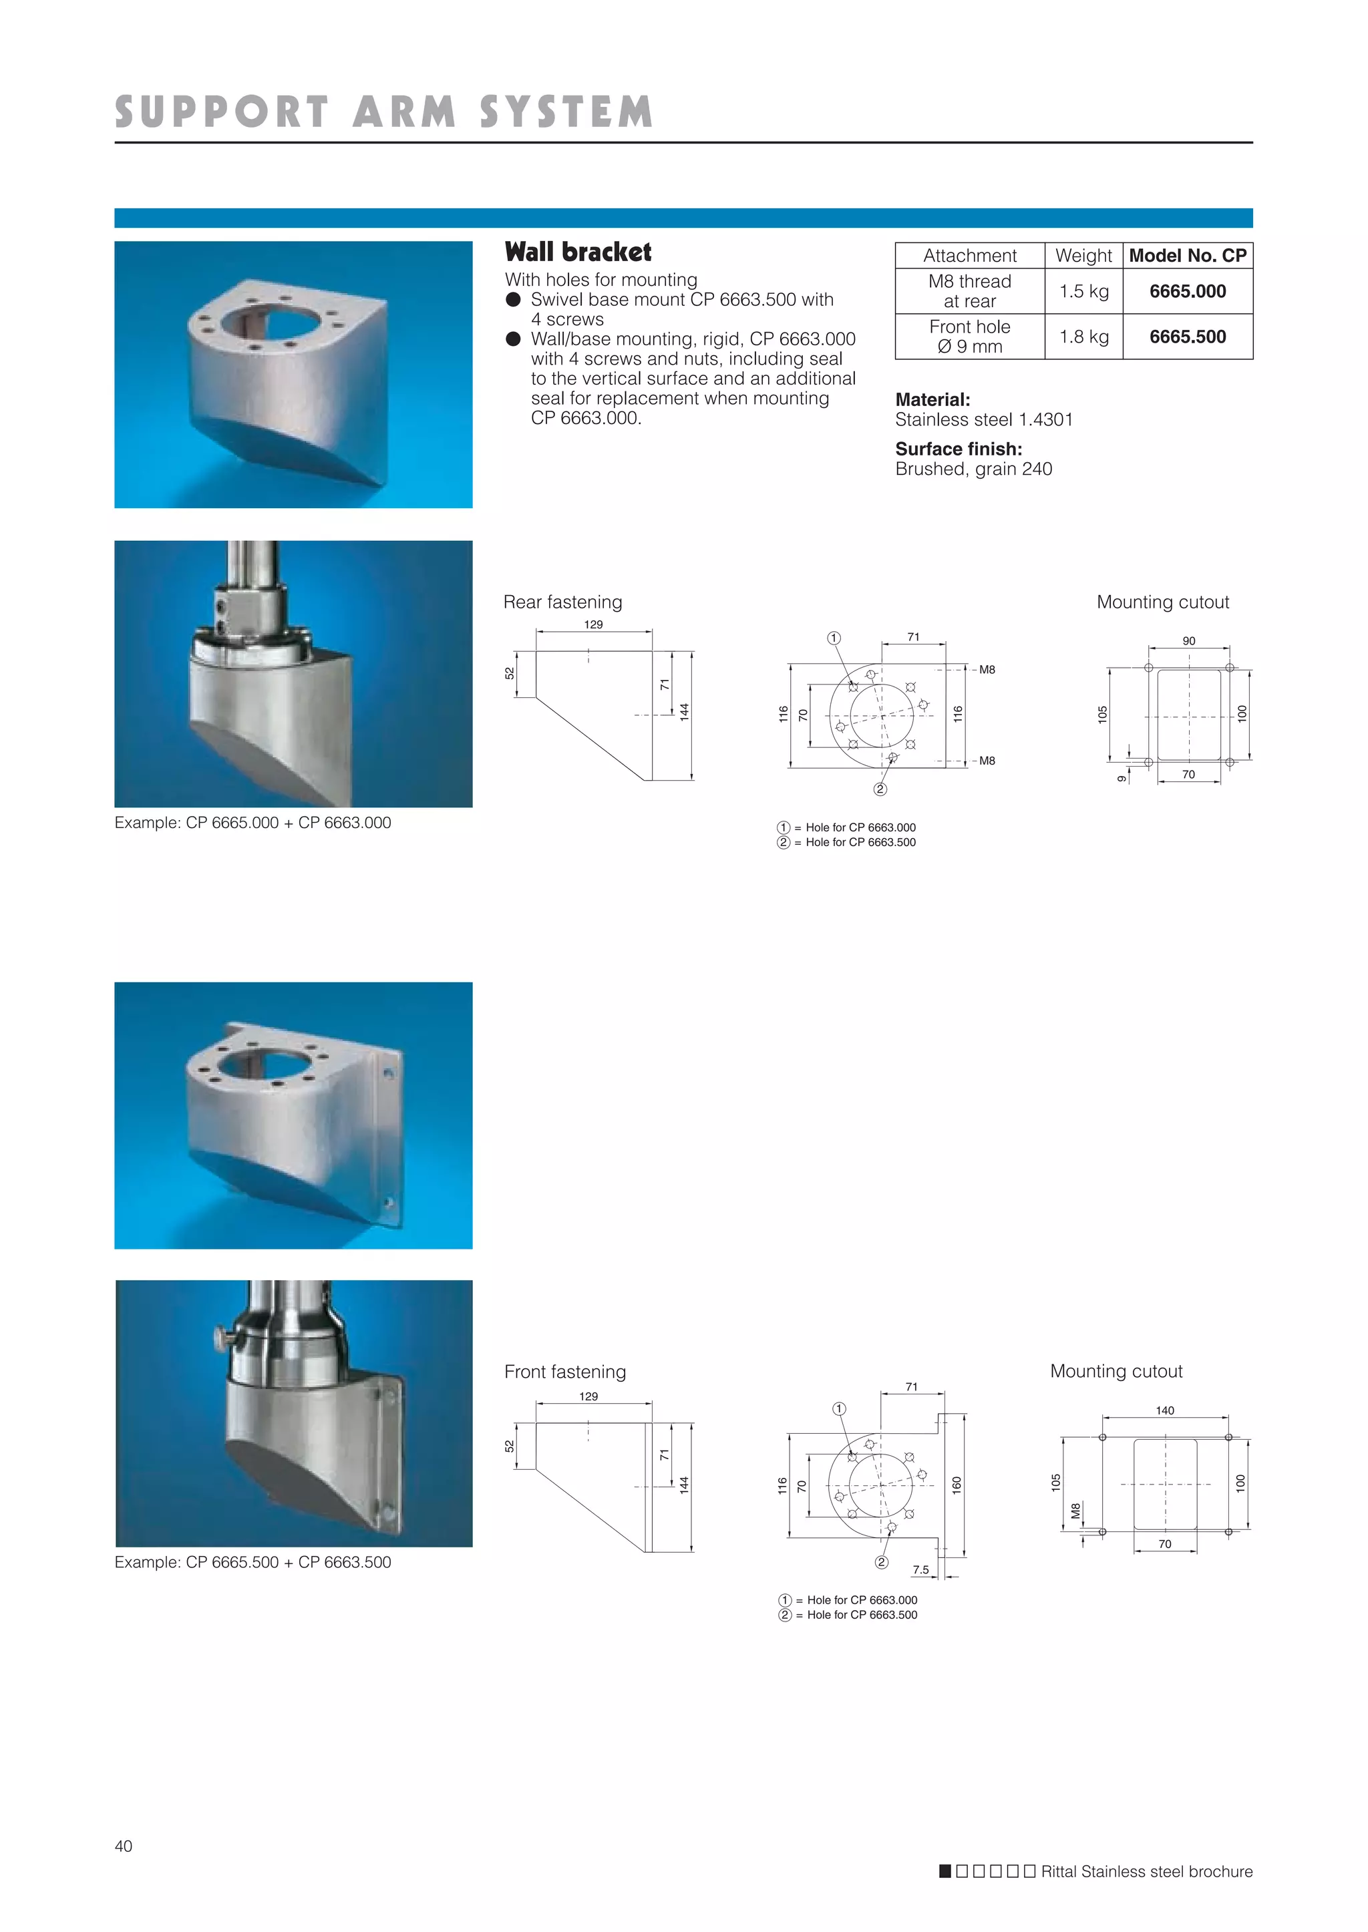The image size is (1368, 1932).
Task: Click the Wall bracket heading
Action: tap(578, 252)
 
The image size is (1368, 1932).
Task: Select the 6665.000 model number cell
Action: tap(1187, 291)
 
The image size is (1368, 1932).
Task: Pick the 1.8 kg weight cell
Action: tap(1083, 337)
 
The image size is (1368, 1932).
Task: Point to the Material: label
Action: tap(932, 400)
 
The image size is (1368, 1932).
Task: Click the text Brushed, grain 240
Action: tap(973, 469)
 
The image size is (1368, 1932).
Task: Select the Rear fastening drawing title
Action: tap(562, 602)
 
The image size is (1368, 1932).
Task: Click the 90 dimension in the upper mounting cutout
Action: tap(1188, 641)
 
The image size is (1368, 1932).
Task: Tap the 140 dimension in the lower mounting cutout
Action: tap(1164, 1410)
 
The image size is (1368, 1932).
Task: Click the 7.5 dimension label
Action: tap(920, 1570)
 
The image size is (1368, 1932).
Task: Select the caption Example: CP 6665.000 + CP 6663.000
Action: tap(252, 823)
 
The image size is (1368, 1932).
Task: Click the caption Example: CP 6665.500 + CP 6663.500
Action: tap(252, 1562)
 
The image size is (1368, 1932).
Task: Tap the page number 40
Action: tap(123, 1846)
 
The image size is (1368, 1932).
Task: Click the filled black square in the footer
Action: tap(945, 1871)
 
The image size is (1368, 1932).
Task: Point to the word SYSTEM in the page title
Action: tap(566, 113)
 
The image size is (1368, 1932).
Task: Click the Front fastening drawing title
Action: tap(564, 1372)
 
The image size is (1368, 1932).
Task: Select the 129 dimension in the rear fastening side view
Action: tap(593, 625)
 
